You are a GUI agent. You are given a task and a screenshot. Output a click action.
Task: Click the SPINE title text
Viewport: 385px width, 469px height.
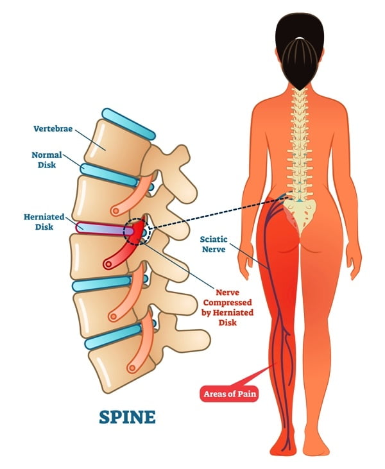pos(127,417)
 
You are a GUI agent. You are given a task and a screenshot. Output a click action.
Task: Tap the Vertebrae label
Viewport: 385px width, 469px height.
pos(53,128)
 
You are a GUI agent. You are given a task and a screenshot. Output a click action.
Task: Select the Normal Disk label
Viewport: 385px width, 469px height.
pos(47,160)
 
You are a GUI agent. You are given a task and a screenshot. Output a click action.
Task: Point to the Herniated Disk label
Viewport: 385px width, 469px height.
pos(44,221)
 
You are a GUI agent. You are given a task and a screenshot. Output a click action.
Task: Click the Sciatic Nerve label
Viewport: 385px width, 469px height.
pos(214,244)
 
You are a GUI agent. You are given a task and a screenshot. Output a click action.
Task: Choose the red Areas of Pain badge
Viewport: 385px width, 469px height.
pos(229,394)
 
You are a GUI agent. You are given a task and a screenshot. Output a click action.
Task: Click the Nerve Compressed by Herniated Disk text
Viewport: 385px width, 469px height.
pos(228,307)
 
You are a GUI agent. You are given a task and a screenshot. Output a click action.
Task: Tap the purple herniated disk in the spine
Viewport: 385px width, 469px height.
pos(105,230)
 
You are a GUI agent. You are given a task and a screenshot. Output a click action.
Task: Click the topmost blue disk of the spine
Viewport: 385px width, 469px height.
pos(128,124)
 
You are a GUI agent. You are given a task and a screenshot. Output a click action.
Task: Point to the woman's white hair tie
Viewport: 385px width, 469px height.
pos(300,38)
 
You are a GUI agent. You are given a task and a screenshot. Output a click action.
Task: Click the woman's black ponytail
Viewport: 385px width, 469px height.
pos(300,63)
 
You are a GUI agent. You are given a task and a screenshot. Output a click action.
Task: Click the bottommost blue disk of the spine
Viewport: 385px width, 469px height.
pos(113,337)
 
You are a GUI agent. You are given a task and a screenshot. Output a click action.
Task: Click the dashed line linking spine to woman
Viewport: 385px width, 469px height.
pos(218,212)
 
